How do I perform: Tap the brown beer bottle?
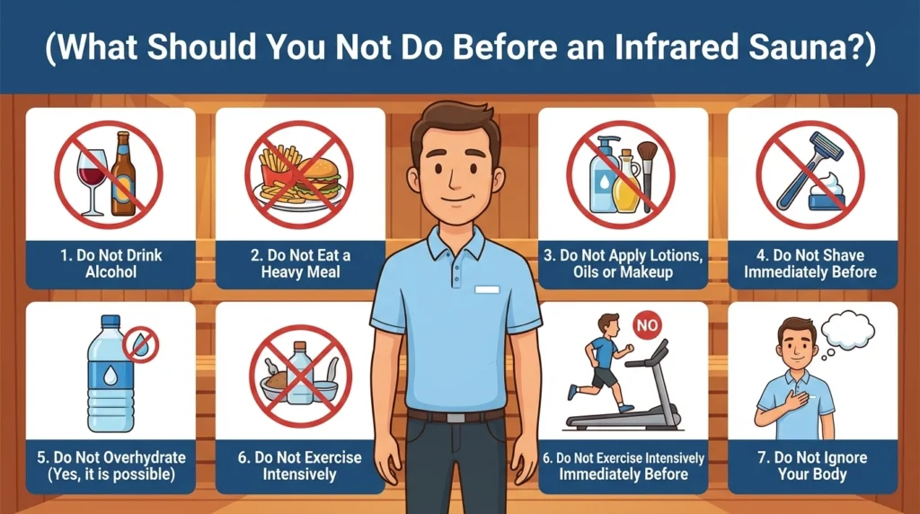pyautogui.click(x=123, y=175)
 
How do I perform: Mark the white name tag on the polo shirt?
pyautogui.click(x=486, y=289)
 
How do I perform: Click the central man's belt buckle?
pyautogui.click(x=456, y=417)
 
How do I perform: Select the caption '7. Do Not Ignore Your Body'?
pyautogui.click(x=811, y=465)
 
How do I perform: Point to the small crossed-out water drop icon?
pyautogui.click(x=140, y=344)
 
